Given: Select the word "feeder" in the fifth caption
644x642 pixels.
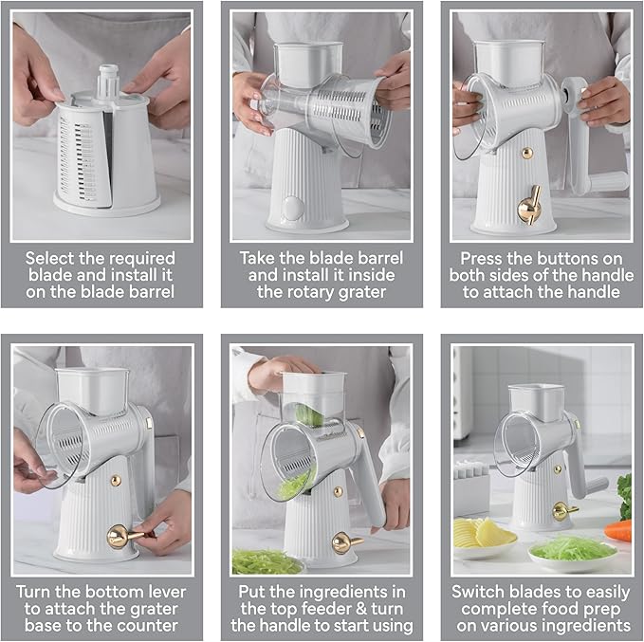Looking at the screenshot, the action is (x=325, y=609).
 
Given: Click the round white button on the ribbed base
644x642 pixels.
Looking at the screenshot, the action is (x=292, y=208).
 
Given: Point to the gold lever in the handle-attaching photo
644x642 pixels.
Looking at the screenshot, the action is (x=530, y=205).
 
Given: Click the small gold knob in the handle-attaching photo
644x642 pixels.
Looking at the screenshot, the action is (x=527, y=154).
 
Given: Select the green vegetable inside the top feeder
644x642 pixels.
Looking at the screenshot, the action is (x=309, y=416).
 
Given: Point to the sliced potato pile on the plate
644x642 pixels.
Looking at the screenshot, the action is (x=484, y=534).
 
